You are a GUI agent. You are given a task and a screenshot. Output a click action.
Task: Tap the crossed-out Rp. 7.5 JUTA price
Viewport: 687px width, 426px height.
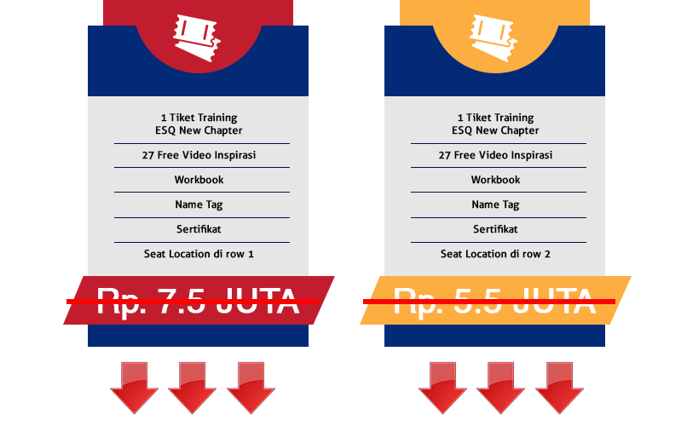click(x=198, y=301)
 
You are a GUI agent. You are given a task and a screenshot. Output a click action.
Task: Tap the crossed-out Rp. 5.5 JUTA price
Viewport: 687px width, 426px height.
click(x=494, y=301)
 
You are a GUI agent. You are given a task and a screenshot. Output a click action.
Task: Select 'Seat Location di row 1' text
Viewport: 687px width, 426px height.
click(x=199, y=254)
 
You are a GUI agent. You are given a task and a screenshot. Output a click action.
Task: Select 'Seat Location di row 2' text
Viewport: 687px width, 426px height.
click(x=495, y=254)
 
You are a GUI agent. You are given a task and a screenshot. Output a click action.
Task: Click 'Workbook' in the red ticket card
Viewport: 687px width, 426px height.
click(x=199, y=180)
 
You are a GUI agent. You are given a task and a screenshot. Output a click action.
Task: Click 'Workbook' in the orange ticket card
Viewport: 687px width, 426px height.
click(x=495, y=180)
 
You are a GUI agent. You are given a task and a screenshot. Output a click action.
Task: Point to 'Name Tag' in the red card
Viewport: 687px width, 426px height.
click(x=199, y=204)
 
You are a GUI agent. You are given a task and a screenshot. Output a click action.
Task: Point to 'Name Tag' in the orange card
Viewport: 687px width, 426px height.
click(x=495, y=204)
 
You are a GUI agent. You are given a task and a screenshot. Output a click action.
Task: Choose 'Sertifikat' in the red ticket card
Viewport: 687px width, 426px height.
click(x=199, y=229)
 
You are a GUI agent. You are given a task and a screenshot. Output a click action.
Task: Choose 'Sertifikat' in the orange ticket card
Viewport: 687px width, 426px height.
click(x=495, y=229)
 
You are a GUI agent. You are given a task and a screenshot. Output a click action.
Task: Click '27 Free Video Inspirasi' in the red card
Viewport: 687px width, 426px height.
click(x=199, y=155)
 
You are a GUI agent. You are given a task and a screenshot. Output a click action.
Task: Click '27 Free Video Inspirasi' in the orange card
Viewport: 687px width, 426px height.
click(x=495, y=155)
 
